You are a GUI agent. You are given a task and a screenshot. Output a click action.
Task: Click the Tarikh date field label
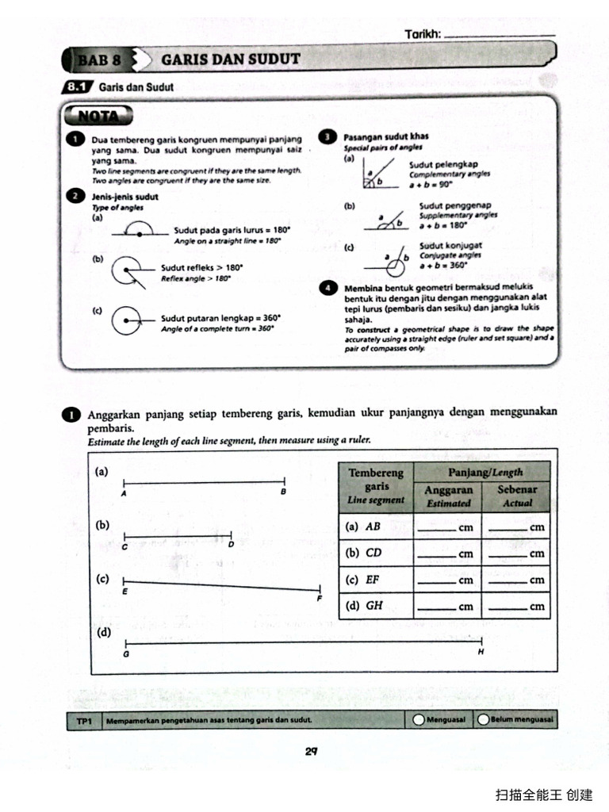(x=423, y=34)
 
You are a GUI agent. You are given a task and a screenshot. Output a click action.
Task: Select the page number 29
(x=312, y=752)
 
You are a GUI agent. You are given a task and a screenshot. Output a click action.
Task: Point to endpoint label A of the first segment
(x=124, y=492)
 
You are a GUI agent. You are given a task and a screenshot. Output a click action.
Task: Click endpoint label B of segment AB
(x=284, y=492)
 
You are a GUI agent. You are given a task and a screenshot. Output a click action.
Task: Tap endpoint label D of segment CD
(x=231, y=545)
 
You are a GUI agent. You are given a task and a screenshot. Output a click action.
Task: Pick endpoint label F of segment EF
(x=320, y=599)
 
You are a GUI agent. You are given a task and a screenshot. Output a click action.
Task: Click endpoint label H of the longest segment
(x=481, y=653)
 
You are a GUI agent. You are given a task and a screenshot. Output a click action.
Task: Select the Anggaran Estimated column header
(x=448, y=496)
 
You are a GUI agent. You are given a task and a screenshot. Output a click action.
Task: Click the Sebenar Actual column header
(x=517, y=496)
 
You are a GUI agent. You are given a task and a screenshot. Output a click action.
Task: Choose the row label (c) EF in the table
(x=364, y=580)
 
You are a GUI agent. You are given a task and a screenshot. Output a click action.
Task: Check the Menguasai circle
(x=419, y=720)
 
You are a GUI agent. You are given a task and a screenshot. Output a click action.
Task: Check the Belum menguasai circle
(x=483, y=720)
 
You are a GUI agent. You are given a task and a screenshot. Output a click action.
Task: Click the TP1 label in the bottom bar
(x=86, y=721)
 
